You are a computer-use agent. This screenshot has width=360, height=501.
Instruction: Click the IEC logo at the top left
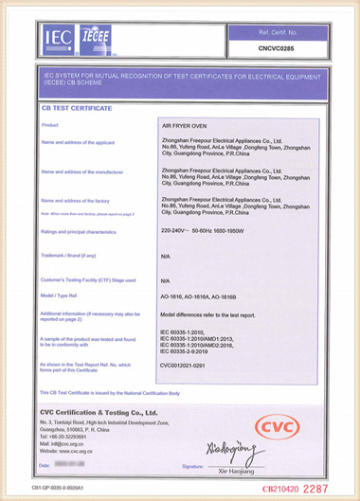pos(57,39)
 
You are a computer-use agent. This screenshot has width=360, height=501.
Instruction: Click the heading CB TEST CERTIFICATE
pos(76,110)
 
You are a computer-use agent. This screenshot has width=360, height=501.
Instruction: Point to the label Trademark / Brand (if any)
pos(68,255)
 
